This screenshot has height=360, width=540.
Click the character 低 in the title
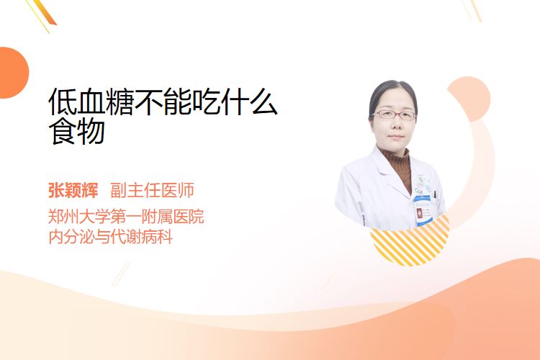click(x=63, y=102)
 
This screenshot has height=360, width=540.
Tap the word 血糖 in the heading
click(x=105, y=102)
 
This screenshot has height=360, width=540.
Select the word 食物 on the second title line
click(x=77, y=131)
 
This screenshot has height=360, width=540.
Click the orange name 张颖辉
click(x=73, y=190)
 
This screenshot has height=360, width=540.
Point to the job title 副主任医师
click(x=152, y=190)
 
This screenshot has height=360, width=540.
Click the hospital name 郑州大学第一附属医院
click(x=126, y=217)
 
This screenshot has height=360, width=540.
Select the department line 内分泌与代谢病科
click(x=111, y=237)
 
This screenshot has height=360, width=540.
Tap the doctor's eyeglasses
click(x=394, y=114)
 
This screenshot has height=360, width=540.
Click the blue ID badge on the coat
click(x=422, y=211)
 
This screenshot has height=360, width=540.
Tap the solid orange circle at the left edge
click(x=13, y=73)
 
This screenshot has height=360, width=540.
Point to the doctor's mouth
click(x=396, y=137)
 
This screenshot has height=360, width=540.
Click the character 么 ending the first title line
click(x=264, y=102)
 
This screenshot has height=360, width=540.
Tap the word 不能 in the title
click(x=163, y=102)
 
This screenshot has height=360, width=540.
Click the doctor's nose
click(x=396, y=125)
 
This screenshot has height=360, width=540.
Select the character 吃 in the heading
click(x=206, y=102)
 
